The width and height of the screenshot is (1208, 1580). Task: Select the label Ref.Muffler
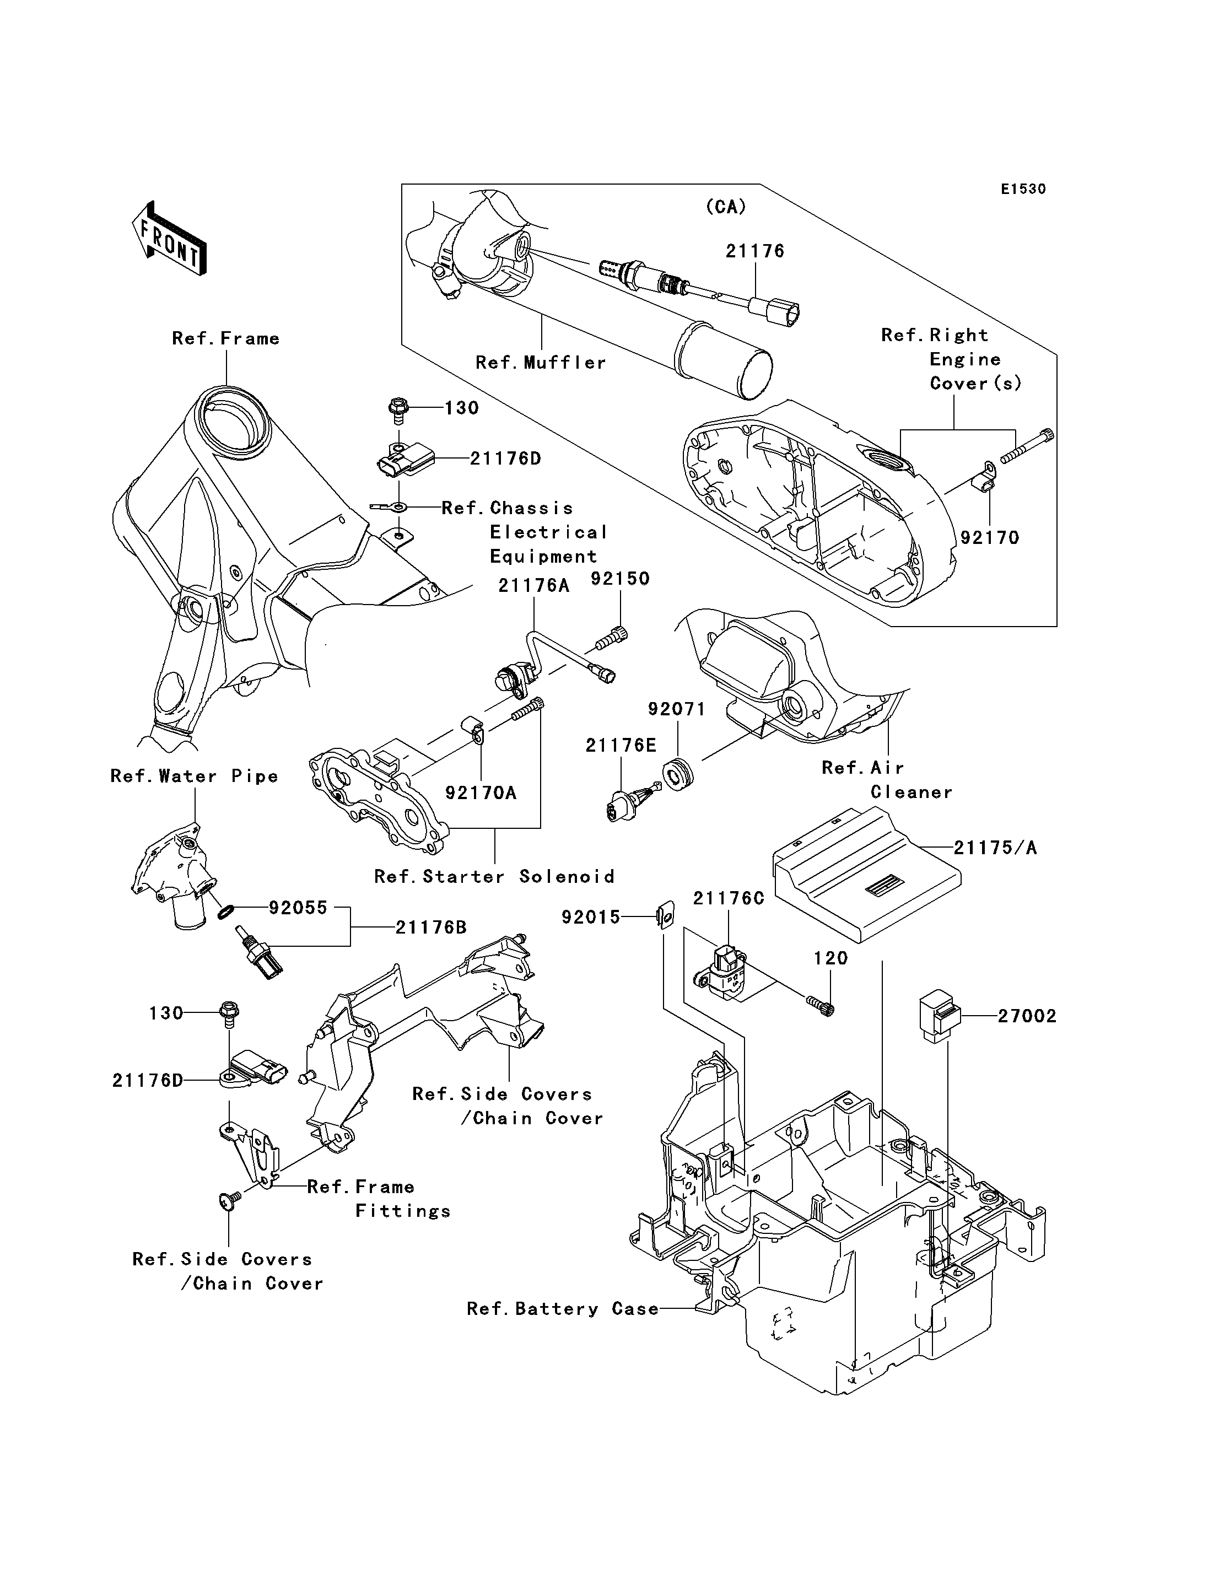tap(541, 363)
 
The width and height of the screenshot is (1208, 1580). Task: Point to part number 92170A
tap(481, 792)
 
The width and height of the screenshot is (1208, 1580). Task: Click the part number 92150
tap(620, 579)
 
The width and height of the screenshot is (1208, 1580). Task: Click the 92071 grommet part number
tap(677, 709)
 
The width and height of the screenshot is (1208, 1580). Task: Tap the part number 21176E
tap(621, 746)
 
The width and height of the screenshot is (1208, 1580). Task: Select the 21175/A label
tap(995, 849)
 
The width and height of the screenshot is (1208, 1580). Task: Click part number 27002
tap(1027, 1016)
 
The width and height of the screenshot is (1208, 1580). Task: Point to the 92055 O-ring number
tap(298, 908)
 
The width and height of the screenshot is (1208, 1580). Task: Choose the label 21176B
tap(431, 927)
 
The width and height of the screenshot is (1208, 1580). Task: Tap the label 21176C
tap(729, 898)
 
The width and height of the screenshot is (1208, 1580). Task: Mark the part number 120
tap(831, 959)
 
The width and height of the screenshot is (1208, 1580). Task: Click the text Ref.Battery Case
tap(562, 1309)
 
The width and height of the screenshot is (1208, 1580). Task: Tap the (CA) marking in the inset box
tap(726, 207)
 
